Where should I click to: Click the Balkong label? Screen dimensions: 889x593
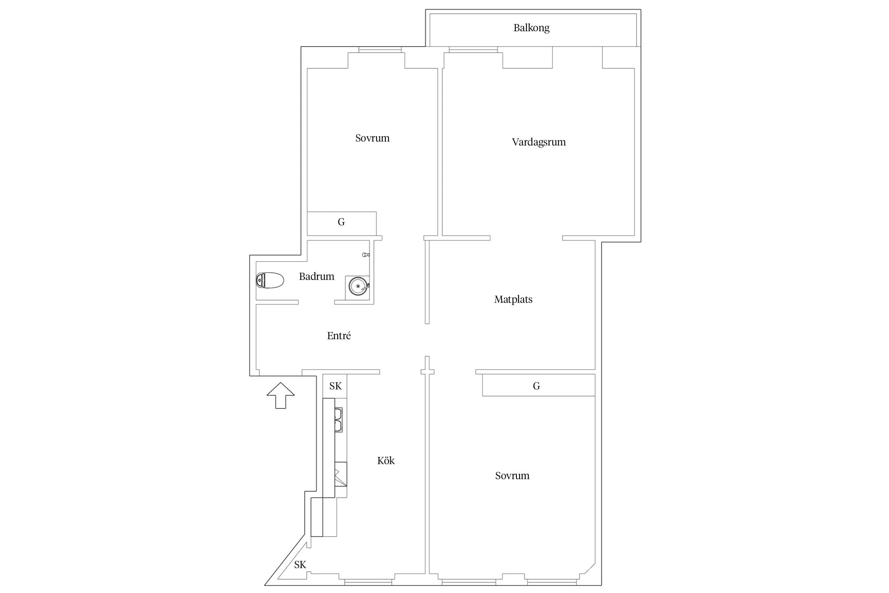point(531,28)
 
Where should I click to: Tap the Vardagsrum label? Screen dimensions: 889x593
point(539,142)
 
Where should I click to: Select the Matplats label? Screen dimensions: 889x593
point(513,299)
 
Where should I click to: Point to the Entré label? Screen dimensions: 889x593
point(339,336)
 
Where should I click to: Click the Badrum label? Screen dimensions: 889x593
point(316,276)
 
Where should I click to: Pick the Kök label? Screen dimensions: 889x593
point(386,461)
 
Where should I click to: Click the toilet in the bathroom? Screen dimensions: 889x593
point(270,280)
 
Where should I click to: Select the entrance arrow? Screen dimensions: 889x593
point(281,395)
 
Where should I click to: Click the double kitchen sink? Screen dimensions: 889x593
point(339,419)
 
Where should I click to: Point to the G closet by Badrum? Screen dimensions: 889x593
point(341,223)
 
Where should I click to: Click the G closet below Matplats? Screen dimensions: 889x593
point(539,385)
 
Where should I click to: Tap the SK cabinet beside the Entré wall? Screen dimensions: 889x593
point(335,386)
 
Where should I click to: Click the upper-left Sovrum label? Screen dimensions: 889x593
point(372,138)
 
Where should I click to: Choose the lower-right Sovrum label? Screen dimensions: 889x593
point(512,476)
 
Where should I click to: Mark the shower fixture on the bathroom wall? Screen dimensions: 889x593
point(366,255)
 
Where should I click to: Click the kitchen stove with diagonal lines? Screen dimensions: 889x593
point(341,474)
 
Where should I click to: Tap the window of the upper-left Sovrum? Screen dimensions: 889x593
point(380,50)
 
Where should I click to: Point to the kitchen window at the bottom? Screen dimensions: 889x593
point(368,582)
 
